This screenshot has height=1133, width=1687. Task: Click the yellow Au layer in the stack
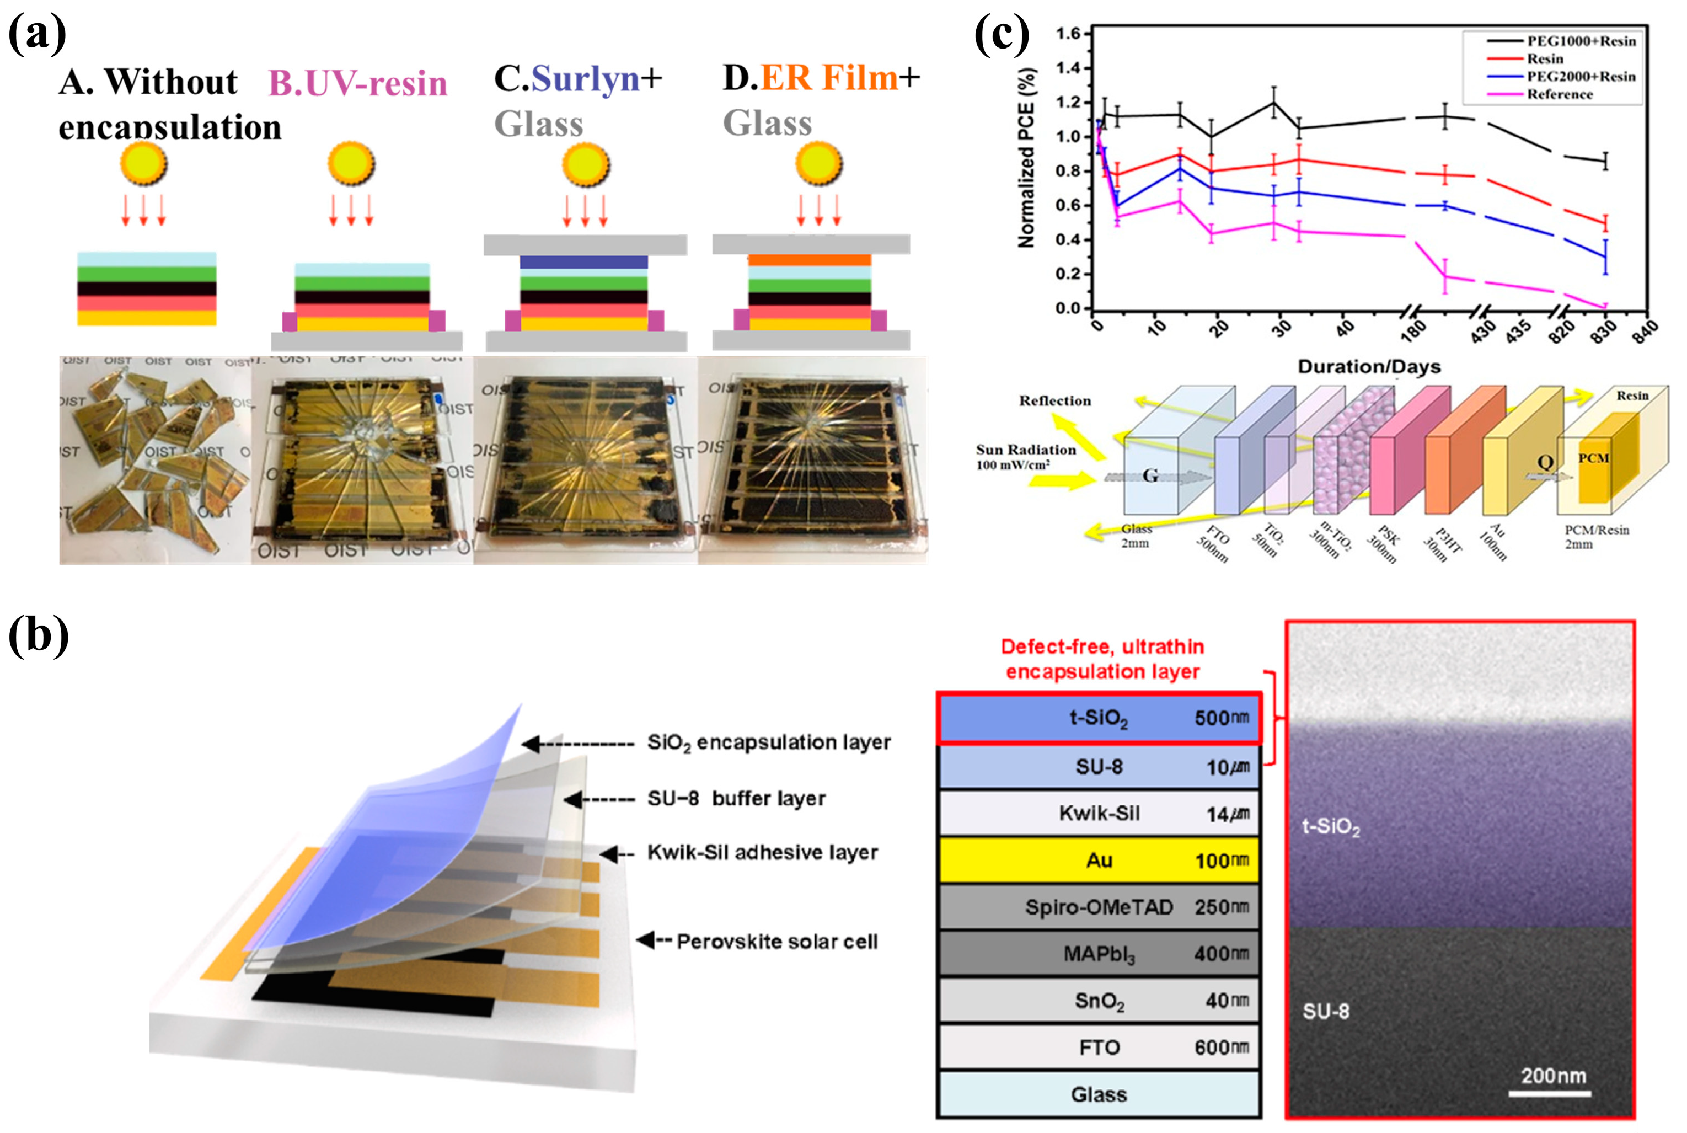(1098, 860)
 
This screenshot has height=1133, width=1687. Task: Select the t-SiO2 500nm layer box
(1098, 718)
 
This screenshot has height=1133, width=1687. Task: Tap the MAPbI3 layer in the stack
(1098, 954)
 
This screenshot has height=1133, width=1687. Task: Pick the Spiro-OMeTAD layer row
(1098, 907)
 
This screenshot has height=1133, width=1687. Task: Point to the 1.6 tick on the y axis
(1068, 33)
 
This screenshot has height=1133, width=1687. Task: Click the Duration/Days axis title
(1369, 367)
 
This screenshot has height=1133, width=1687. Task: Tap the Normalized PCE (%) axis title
(1026, 158)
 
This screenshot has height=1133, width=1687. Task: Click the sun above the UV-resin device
(351, 163)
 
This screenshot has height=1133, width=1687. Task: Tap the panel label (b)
(38, 636)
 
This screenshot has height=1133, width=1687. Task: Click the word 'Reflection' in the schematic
(1055, 401)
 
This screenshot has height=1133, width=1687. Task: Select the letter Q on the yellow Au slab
(1545, 462)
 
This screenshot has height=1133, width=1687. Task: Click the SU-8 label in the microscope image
(1326, 1011)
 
